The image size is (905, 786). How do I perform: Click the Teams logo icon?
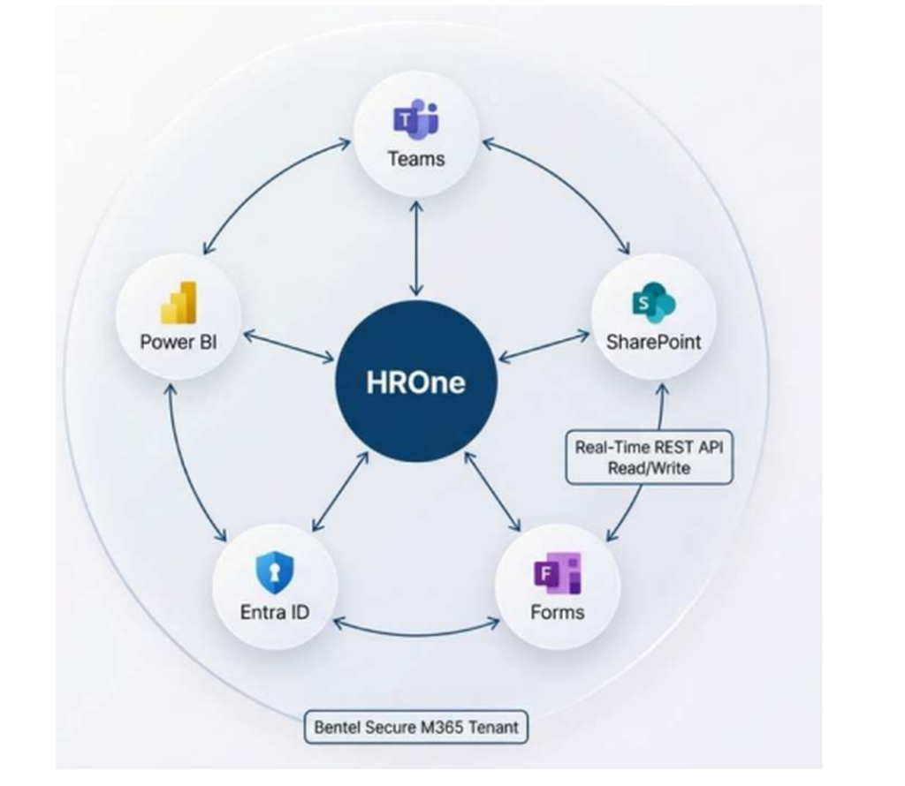coord(416,119)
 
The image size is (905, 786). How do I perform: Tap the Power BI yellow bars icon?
coord(179,303)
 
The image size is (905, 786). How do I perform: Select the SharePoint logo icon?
coord(654,303)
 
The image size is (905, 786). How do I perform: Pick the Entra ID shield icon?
coord(275,572)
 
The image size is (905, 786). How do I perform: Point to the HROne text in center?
coord(415,382)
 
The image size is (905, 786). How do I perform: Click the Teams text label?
coord(416,159)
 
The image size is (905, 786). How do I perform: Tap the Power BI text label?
coord(179,342)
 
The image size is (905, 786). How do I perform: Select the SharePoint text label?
coord(653,342)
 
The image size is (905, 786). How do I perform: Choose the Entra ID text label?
coord(275,612)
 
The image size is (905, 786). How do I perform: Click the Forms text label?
coord(558,612)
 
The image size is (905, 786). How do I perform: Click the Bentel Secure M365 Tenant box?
coord(415,727)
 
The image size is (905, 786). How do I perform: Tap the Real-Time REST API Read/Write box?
coord(649,457)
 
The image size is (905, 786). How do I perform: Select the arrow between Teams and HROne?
coord(416,248)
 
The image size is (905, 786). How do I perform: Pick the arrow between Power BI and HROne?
coord(289,346)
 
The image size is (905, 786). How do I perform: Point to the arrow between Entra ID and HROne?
coord(340,491)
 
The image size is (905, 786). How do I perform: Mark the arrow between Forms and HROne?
coord(492,491)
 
